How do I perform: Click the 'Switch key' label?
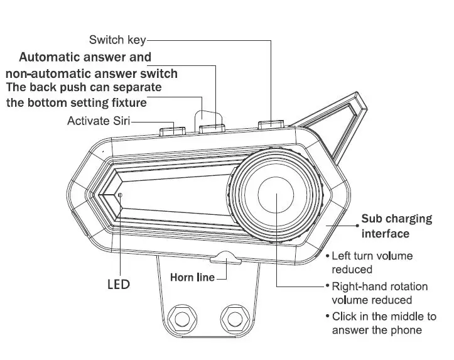(117, 40)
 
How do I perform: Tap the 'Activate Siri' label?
(98, 121)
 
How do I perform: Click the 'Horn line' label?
(192, 277)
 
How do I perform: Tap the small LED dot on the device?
(119, 195)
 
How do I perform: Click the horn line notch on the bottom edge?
(225, 257)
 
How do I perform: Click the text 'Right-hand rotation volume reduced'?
(379, 293)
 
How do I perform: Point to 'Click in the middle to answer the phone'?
(383, 323)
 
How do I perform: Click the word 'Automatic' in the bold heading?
(50, 57)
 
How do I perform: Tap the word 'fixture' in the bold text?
(124, 102)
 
